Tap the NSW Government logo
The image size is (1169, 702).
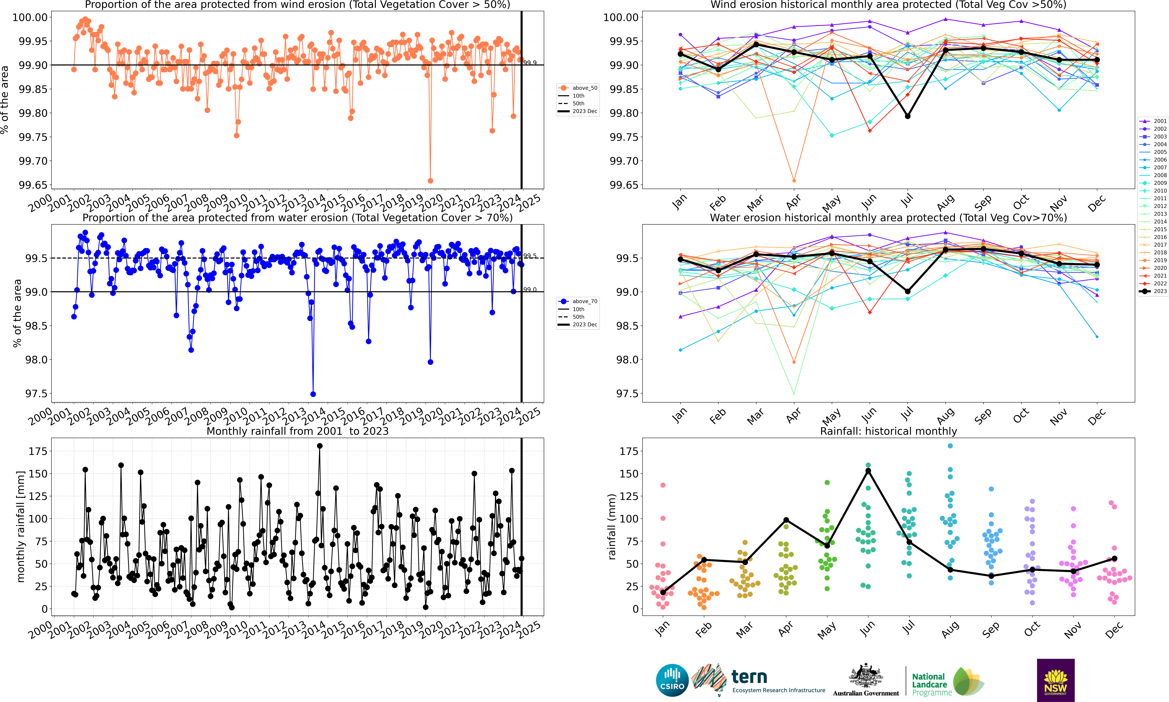(x=1055, y=680)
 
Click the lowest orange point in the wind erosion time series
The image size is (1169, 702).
(x=430, y=181)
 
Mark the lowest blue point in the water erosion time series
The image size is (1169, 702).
(x=313, y=394)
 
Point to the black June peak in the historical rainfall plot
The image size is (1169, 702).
(x=868, y=471)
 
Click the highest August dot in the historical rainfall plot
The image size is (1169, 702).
(x=950, y=446)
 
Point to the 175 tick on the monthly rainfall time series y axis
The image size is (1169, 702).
(x=38, y=451)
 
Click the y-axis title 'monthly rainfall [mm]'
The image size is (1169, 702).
(x=20, y=527)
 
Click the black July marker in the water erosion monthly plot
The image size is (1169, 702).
(x=908, y=291)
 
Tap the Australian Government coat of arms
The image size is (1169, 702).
(x=865, y=676)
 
